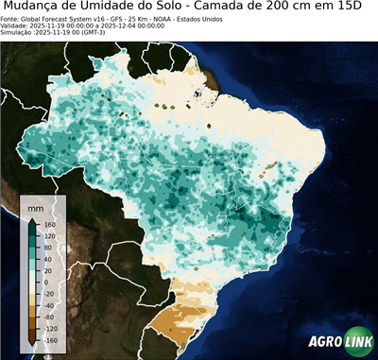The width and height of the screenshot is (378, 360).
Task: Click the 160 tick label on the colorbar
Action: tap(47, 225)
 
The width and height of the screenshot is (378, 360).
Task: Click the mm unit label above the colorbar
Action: tap(36, 205)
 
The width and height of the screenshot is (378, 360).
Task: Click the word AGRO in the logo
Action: tap(324, 342)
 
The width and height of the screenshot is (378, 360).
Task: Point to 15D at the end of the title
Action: tap(356, 8)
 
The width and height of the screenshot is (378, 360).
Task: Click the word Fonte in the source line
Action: tap(11, 19)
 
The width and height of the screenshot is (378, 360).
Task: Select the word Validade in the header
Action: tap(15, 26)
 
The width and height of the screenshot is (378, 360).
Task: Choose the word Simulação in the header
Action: tap(17, 32)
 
